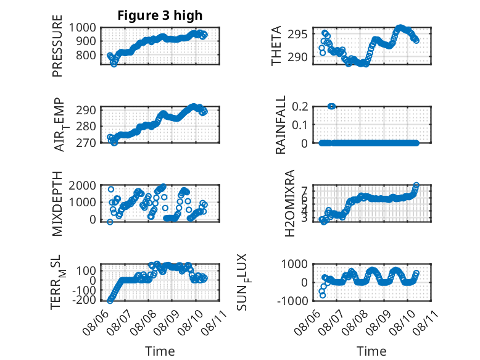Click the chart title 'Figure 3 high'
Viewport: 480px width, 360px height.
(160, 15)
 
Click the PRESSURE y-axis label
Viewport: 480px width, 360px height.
(57, 46)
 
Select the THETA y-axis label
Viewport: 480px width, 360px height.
(276, 46)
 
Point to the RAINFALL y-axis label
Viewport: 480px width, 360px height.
(280, 125)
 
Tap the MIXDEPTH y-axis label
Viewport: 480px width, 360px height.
(57, 204)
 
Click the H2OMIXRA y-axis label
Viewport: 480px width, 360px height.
(289, 203)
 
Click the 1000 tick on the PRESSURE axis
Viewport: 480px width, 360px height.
(82, 28)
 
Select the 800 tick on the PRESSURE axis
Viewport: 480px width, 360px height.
(86, 55)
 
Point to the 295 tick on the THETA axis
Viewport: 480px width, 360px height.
(297, 35)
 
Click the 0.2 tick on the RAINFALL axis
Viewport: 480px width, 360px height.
(300, 107)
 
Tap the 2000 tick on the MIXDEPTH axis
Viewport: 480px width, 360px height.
(82, 185)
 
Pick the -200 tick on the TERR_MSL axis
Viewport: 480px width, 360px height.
(84, 299)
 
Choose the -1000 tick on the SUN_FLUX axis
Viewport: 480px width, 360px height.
(292, 301)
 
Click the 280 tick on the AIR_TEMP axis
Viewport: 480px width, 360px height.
(86, 126)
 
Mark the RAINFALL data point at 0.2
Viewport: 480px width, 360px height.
(331, 106)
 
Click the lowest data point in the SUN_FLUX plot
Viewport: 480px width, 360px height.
(323, 295)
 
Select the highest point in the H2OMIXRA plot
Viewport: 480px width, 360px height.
(416, 185)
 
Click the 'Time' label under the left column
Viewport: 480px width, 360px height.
(160, 351)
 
